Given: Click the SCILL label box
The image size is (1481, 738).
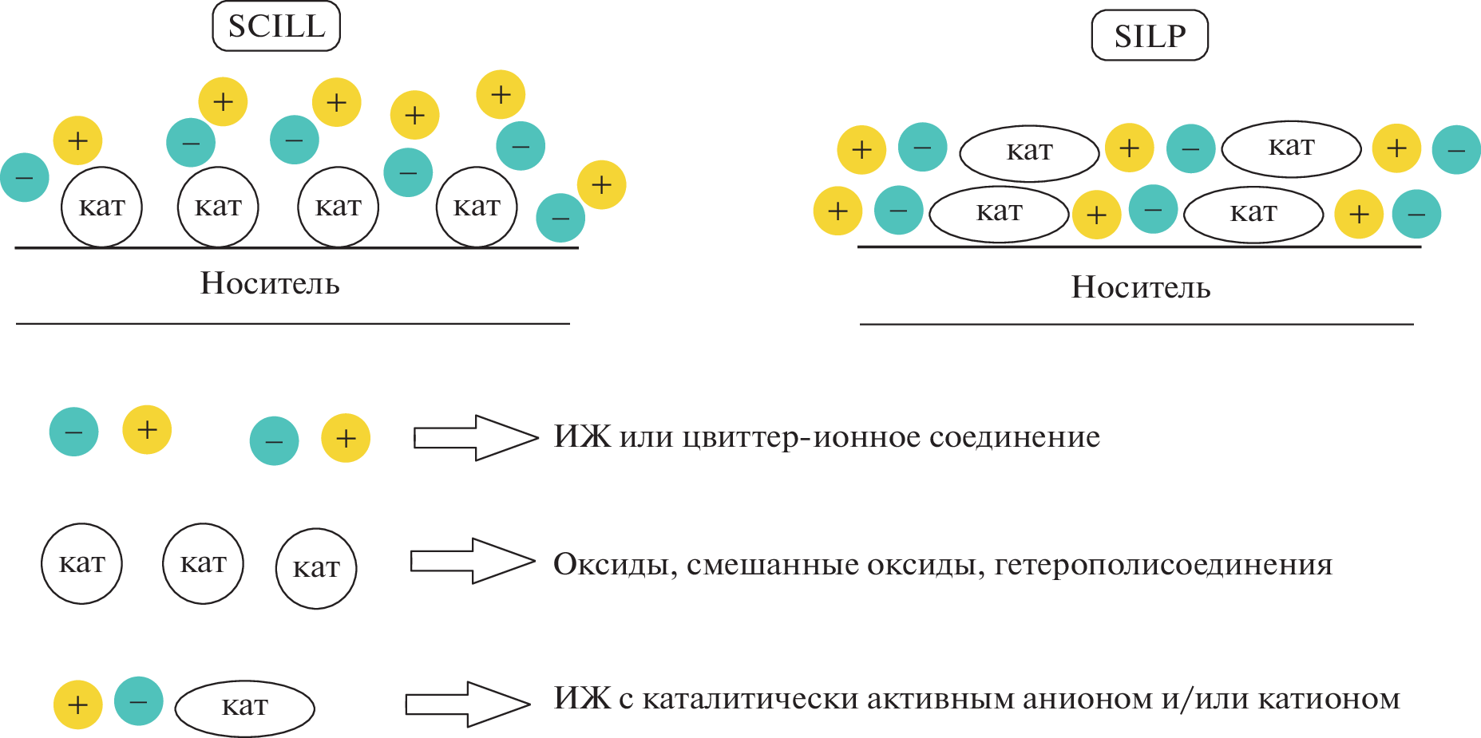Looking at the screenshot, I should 276,26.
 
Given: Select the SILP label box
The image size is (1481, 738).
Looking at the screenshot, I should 1150,36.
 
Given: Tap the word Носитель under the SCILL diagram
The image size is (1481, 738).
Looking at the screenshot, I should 270,283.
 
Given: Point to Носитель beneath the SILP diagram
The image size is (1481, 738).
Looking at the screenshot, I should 1140,287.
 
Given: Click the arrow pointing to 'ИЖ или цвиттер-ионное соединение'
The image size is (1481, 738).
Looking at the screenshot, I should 475,437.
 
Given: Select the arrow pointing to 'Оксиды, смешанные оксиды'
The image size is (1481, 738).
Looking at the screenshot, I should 472,561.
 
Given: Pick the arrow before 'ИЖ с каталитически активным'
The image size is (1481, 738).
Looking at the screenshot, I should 467,704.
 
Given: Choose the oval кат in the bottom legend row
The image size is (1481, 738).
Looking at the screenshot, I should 244,708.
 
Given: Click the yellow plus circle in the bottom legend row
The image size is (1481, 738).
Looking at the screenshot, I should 77,705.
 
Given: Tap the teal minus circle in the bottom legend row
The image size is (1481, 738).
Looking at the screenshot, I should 138,701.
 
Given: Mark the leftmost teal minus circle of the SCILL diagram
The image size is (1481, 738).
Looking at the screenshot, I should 25,177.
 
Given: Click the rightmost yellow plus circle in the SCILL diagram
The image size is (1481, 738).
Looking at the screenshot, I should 601,185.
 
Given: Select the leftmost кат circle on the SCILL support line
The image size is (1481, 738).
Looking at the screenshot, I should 101,207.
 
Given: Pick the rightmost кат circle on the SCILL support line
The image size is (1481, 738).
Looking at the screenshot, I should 477,207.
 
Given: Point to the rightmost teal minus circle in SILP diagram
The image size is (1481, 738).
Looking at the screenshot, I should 1456,150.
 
